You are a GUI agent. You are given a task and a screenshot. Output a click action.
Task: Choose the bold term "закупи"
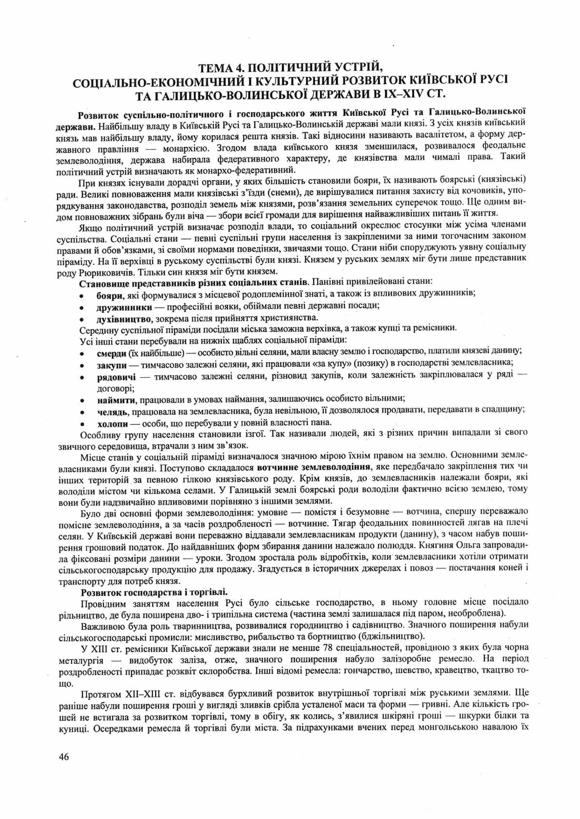(112, 365)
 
